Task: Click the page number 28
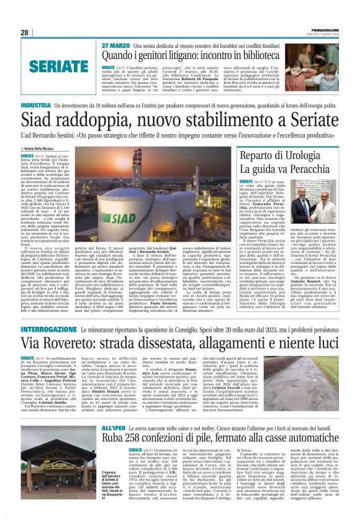click(24, 32)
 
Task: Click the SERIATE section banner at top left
click(52, 65)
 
